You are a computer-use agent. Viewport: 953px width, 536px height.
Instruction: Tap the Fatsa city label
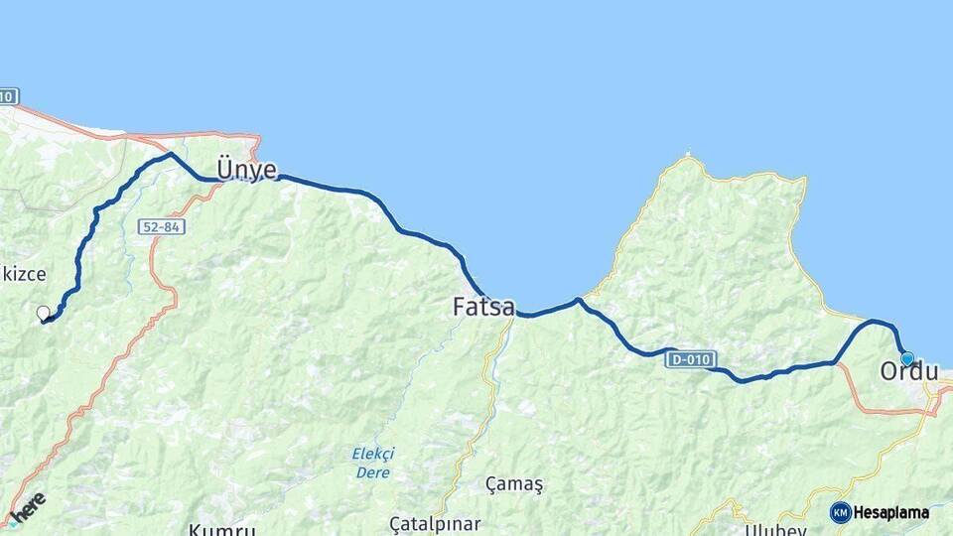[x=483, y=307]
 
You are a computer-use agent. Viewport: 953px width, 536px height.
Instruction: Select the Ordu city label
[x=908, y=372]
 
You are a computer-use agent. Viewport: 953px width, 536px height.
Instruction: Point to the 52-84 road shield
[x=162, y=227]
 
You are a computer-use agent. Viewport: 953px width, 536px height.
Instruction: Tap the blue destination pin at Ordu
[x=906, y=358]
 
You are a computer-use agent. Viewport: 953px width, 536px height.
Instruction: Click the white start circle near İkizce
[x=43, y=314]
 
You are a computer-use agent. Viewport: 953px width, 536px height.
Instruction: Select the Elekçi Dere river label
[x=372, y=462]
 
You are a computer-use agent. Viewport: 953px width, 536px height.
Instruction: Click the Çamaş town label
[x=514, y=483]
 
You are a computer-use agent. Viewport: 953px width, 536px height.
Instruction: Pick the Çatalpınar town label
[x=435, y=523]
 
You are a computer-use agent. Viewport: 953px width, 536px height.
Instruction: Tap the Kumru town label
[x=222, y=529]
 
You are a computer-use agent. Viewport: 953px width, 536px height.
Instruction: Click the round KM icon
[x=840, y=512]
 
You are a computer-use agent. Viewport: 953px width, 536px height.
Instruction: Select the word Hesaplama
[x=890, y=513]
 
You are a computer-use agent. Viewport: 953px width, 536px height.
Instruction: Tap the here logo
[x=28, y=506]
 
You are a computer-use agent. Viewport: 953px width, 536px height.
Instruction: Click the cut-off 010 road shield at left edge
[x=8, y=96]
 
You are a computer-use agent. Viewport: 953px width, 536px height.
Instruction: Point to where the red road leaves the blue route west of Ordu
[x=836, y=363]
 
